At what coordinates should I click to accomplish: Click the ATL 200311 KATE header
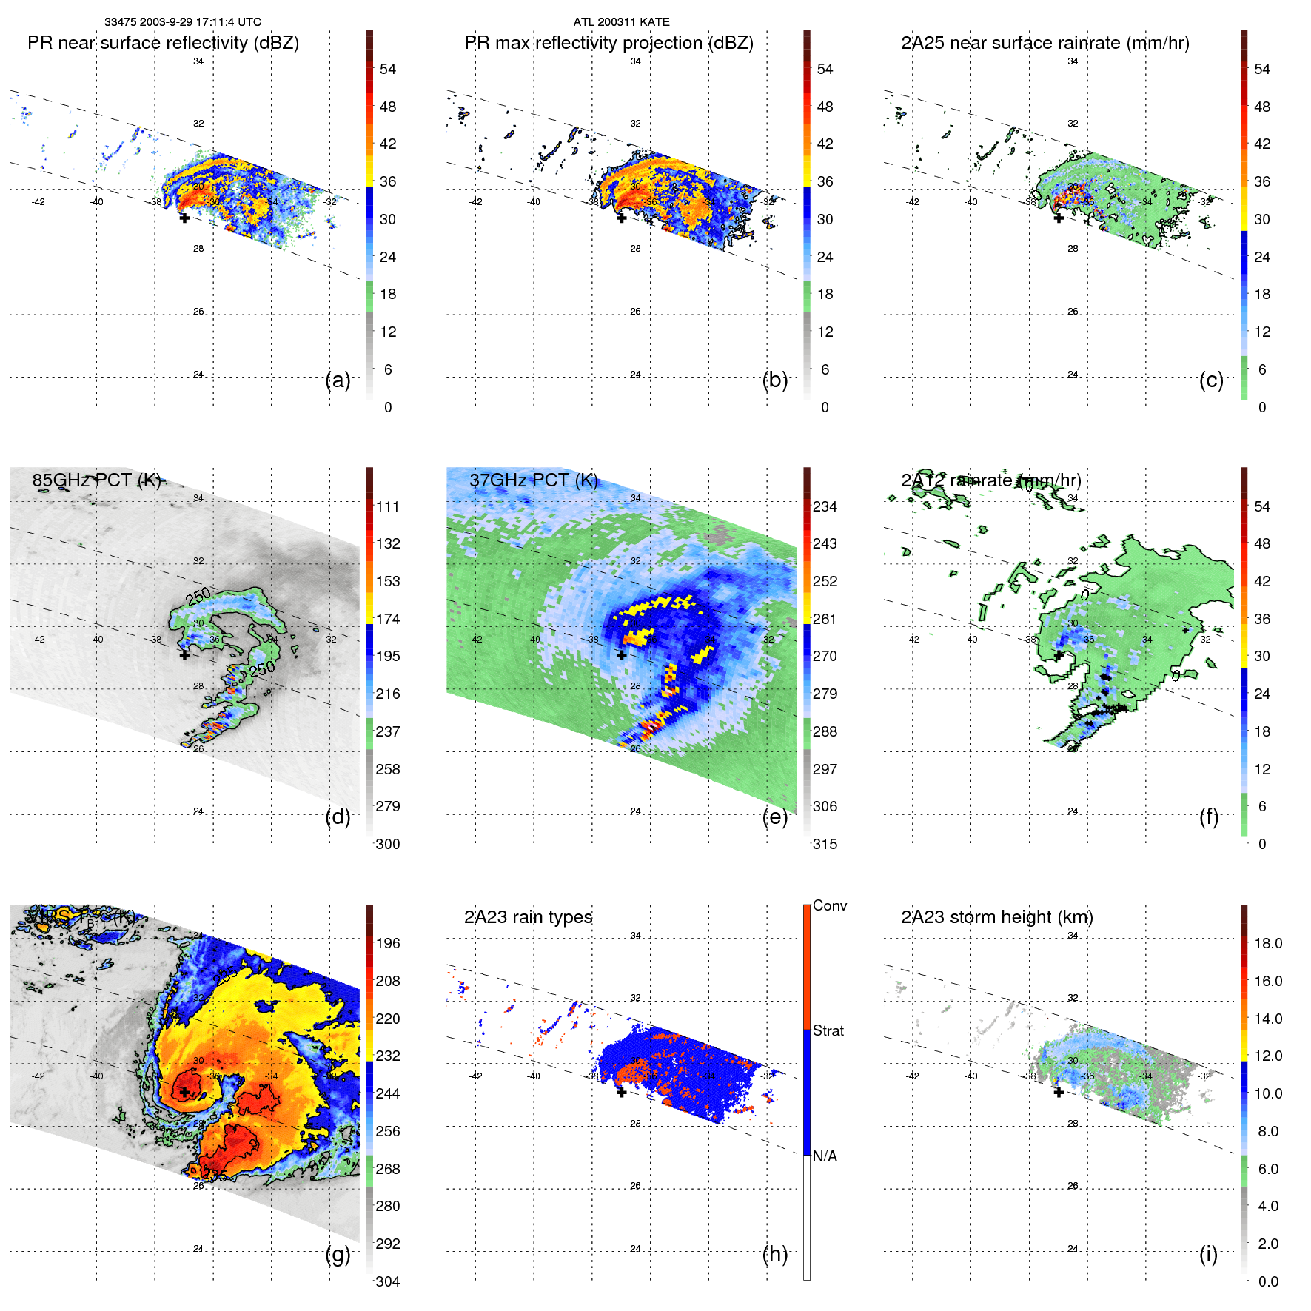[621, 22]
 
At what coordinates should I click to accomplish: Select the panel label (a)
[338, 380]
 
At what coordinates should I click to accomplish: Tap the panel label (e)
[774, 817]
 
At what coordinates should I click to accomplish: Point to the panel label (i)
[1208, 1254]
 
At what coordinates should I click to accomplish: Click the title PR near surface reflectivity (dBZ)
[163, 43]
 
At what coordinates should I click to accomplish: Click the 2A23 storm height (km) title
[996, 917]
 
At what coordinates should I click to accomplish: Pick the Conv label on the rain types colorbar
[829, 905]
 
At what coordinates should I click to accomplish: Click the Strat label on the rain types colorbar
[828, 1030]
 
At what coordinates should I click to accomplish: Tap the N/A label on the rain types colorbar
[825, 1156]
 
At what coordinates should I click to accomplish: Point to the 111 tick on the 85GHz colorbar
[387, 506]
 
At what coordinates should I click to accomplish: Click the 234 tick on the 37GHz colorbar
[825, 506]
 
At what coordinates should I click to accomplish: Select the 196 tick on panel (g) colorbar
[387, 943]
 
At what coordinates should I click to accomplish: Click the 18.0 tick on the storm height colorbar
[1267, 943]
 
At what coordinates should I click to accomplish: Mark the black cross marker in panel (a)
[184, 218]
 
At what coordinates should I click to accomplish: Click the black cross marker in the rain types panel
[622, 1092]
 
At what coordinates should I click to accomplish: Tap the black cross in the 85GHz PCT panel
[184, 654]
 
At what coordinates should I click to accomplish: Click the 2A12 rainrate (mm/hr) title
[990, 480]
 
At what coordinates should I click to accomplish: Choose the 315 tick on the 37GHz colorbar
[825, 844]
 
